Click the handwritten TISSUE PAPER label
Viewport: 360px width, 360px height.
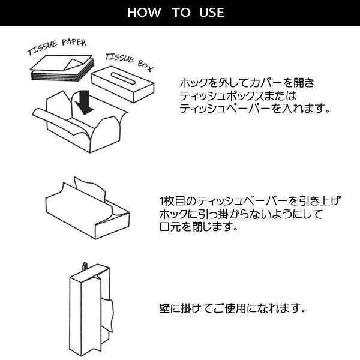pyautogui.click(x=57, y=46)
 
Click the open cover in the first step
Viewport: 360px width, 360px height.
pyautogui.click(x=81, y=126)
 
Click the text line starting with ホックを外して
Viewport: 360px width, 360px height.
pyautogui.click(x=246, y=83)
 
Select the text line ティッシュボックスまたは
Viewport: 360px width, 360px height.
pyautogui.click(x=238, y=96)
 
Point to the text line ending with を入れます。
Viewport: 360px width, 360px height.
pyautogui.click(x=255, y=109)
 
